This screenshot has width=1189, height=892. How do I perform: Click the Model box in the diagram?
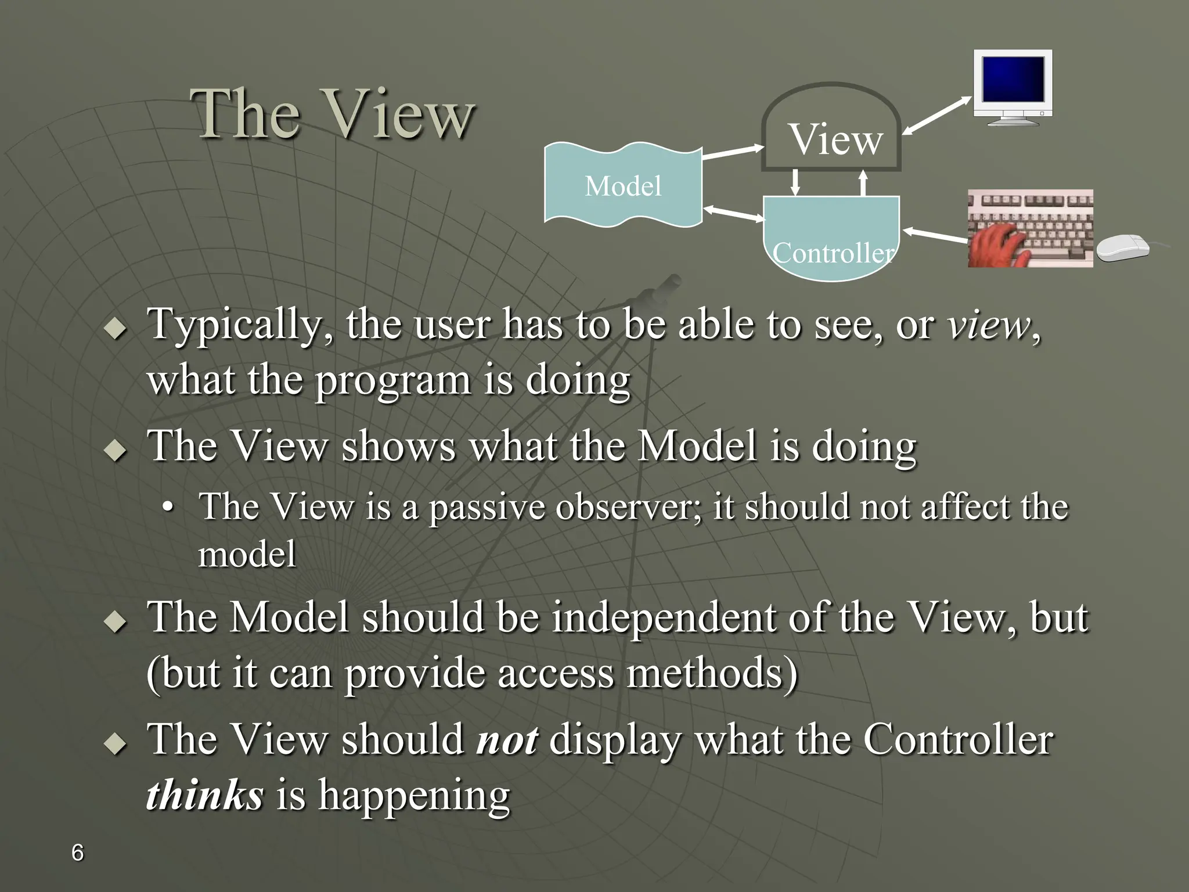click(x=622, y=186)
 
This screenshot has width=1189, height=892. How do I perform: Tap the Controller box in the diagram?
click(x=831, y=241)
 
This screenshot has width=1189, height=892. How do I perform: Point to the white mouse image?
click(x=1123, y=248)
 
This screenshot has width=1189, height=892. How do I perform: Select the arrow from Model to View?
click(x=733, y=153)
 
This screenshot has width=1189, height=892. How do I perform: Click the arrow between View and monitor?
click(x=936, y=117)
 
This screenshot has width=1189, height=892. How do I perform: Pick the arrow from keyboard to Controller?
click(x=935, y=235)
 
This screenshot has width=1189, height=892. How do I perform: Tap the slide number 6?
click(x=77, y=853)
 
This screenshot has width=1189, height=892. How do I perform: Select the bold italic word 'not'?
click(x=506, y=740)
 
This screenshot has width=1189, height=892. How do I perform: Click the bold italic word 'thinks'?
click(x=204, y=795)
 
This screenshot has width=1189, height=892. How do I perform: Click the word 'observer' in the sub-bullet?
click(x=628, y=506)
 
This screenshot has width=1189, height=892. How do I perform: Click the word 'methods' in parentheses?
click(x=712, y=674)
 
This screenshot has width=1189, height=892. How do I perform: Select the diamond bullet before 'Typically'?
click(x=116, y=329)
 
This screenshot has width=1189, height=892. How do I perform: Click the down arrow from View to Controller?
click(x=795, y=182)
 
